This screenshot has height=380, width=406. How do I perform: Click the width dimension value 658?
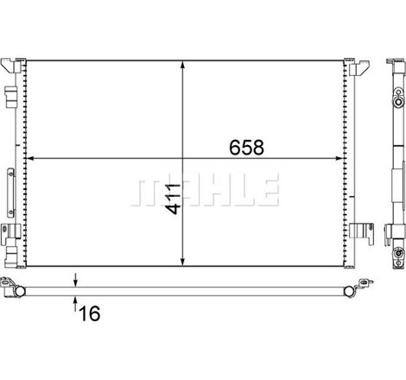click(247, 148)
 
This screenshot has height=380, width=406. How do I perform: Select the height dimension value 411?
click(173, 199)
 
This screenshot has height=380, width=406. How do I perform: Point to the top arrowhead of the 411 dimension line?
click(182, 66)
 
